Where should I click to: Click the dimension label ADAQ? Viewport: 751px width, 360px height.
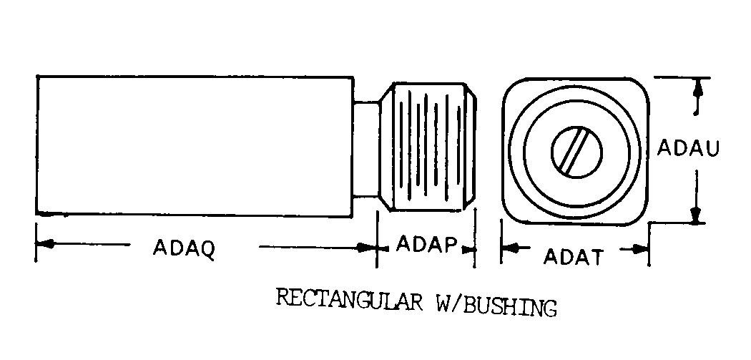(x=184, y=249)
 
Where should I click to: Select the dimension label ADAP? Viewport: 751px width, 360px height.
(x=426, y=245)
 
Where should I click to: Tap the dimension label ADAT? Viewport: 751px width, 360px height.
(x=572, y=257)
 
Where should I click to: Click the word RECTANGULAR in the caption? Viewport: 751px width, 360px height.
(x=349, y=300)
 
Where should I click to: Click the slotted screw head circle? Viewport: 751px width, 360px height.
(x=576, y=152)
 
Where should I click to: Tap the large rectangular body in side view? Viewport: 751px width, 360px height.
(x=195, y=146)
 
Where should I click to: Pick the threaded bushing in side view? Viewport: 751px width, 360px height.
(x=428, y=147)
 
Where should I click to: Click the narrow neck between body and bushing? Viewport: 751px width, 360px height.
(x=366, y=149)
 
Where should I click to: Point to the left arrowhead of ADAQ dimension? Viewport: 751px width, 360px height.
(x=44, y=244)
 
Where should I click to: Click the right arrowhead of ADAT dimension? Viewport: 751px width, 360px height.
(x=640, y=249)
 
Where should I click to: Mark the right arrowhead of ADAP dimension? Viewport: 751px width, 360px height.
(x=467, y=248)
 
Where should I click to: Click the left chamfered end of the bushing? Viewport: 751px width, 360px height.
(x=386, y=147)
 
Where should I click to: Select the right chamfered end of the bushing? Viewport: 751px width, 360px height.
(x=471, y=147)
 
